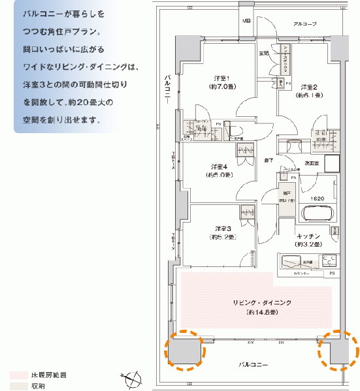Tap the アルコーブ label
pyautogui.click(x=304, y=24)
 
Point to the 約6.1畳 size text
pyautogui.click(x=308, y=95)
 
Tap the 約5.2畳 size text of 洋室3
pyautogui.click(x=222, y=237)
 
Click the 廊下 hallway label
pyautogui.click(x=269, y=160)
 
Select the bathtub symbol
pyautogui.click(x=316, y=213)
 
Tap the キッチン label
pyautogui.click(x=308, y=236)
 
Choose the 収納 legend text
pyautogui.click(x=39, y=386)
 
